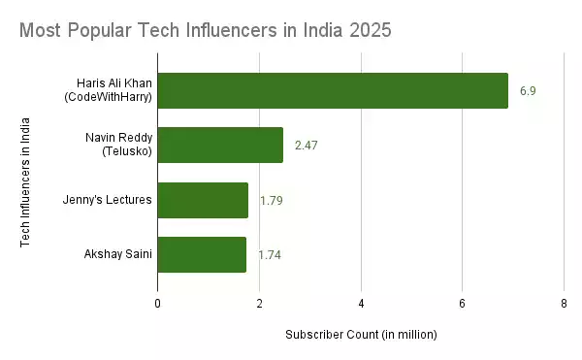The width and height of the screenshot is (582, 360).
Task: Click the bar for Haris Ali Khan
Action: click(333, 90)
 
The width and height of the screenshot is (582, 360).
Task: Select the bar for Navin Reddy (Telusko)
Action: click(220, 145)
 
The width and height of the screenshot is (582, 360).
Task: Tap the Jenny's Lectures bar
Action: click(203, 200)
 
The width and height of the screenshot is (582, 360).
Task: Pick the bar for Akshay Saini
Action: click(202, 254)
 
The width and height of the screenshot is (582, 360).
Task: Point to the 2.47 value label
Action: click(307, 146)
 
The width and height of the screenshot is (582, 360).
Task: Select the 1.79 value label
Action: click(271, 200)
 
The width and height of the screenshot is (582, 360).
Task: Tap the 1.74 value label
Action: click(270, 255)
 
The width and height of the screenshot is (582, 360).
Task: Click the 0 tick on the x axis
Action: click(158, 304)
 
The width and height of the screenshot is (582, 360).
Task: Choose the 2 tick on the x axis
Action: click(259, 304)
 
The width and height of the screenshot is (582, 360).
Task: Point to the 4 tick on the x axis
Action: click(361, 304)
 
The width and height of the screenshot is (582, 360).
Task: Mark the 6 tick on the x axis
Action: click(463, 304)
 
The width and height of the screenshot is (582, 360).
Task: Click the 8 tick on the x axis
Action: click(564, 304)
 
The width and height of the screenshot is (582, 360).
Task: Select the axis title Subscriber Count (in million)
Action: click(361, 335)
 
